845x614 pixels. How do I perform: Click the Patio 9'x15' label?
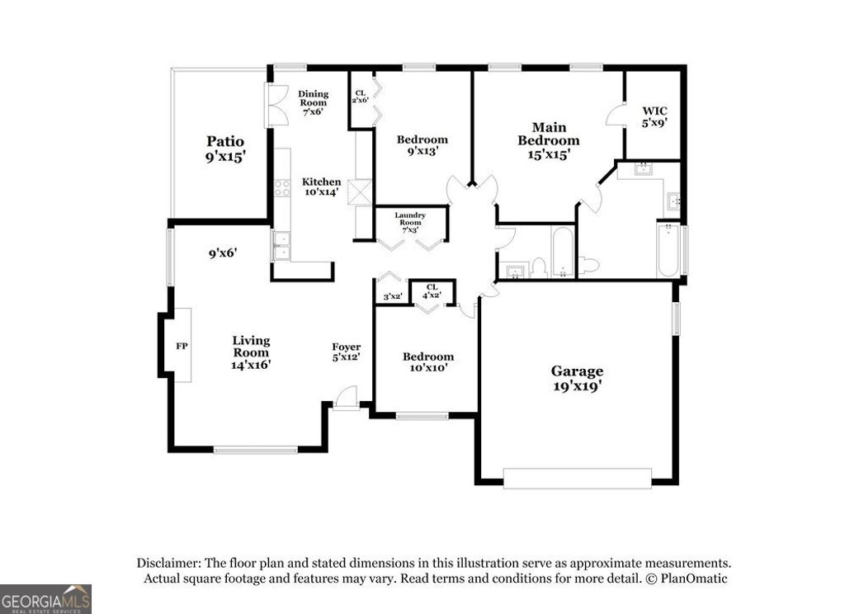pos(225,149)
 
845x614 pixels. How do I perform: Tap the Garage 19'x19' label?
pos(577,379)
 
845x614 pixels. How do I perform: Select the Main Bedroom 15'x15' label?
pos(548,140)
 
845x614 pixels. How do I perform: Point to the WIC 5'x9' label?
pos(654,116)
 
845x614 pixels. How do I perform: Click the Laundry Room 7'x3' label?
pos(410,222)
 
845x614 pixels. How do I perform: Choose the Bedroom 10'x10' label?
pos(427,362)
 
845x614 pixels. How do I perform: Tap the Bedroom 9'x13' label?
pos(422,145)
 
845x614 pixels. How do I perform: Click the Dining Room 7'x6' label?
pos(313,102)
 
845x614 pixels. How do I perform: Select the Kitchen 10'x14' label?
pos(321,187)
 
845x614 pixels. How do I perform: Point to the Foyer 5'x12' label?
pos(346,352)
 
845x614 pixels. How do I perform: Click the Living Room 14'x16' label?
pos(251,352)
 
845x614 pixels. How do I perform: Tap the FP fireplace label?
pos(182,346)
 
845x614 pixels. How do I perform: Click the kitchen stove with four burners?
pos(282,187)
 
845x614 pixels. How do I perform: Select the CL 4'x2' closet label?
pos(432,290)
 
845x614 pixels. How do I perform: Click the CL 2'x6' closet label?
pos(360,97)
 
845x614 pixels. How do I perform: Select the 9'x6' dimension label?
pos(223,253)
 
